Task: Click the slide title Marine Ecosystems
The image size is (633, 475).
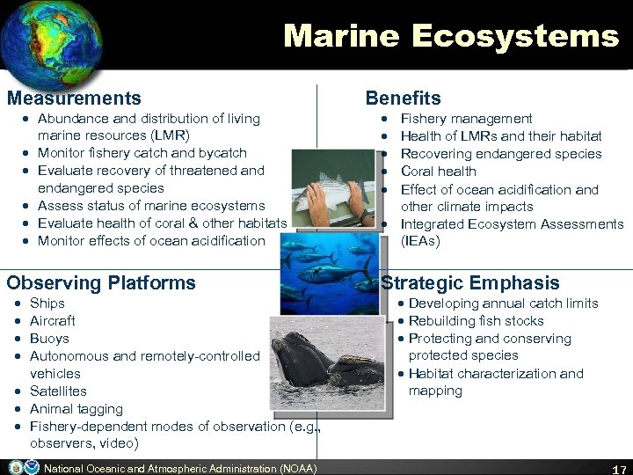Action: tap(451, 36)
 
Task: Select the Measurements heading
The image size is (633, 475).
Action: tap(74, 99)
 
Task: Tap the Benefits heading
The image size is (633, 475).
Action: tap(403, 99)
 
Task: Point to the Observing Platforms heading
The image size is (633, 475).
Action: tap(101, 283)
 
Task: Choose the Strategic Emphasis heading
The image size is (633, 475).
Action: tap(470, 283)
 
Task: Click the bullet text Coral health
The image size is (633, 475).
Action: tap(438, 172)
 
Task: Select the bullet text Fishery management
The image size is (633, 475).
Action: tap(466, 119)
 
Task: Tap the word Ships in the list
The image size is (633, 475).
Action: tap(47, 303)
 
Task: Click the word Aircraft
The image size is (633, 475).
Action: tap(53, 321)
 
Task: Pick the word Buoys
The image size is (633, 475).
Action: tap(49, 339)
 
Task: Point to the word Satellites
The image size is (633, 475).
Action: tap(58, 391)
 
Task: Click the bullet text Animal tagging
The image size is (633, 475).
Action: tap(76, 409)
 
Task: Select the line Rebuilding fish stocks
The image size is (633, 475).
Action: tap(476, 321)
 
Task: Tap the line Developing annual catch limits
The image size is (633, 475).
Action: tap(503, 303)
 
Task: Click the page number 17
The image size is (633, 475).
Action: tap(618, 467)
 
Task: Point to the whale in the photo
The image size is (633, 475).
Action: tap(308, 361)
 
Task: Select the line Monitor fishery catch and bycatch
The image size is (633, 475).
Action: tap(142, 153)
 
